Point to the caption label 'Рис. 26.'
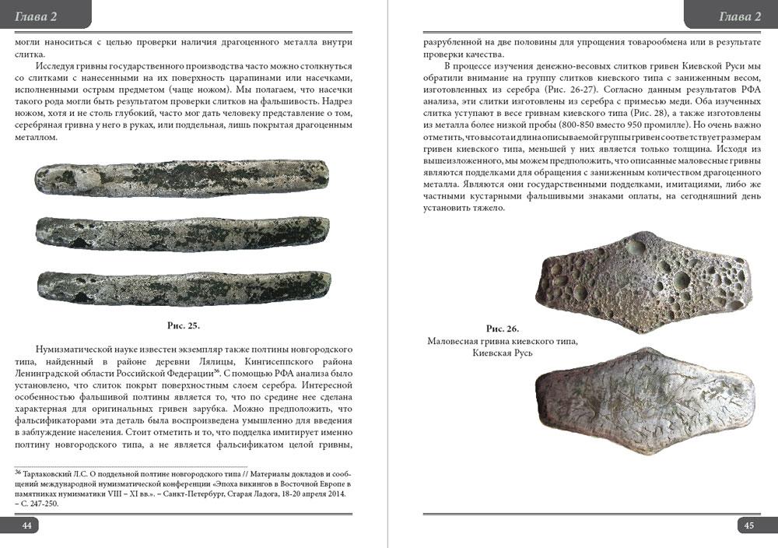click(x=503, y=328)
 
